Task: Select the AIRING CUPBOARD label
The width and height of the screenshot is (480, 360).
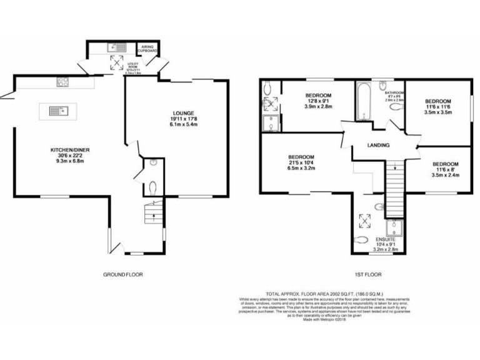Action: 147,49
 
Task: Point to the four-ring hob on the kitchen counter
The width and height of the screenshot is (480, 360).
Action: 64,81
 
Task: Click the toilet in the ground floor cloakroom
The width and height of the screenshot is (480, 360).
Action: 153,186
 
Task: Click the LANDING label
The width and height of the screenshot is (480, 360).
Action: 379,146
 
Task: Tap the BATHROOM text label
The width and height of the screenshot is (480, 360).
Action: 395,92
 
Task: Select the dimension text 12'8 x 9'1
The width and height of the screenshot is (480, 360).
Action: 318,101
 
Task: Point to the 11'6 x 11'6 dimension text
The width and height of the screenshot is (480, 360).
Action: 437,107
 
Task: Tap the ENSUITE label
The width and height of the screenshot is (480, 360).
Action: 385,239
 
